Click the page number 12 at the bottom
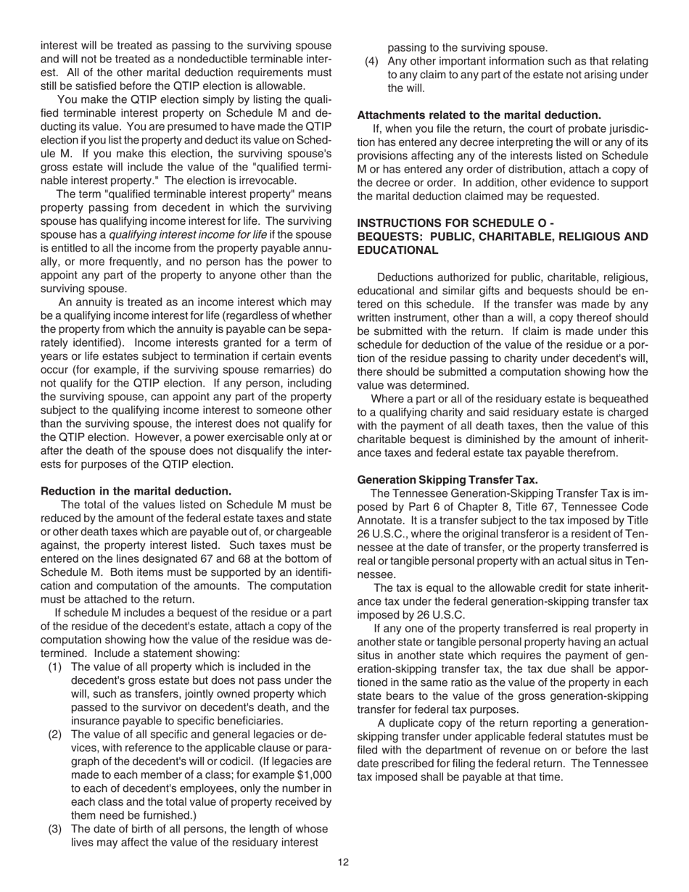pyautogui.click(x=343, y=862)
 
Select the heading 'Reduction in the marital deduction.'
pyautogui.click(x=136, y=491)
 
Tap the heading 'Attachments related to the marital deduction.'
pyautogui.click(x=479, y=115)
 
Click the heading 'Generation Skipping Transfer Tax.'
pyautogui.click(x=447, y=479)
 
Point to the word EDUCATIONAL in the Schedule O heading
pyautogui.click(x=397, y=250)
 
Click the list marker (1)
pyautogui.click(x=56, y=666)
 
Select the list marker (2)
pyautogui.click(x=56, y=734)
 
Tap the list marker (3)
pyautogui.click(x=56, y=829)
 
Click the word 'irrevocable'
pyautogui.click(x=266, y=181)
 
